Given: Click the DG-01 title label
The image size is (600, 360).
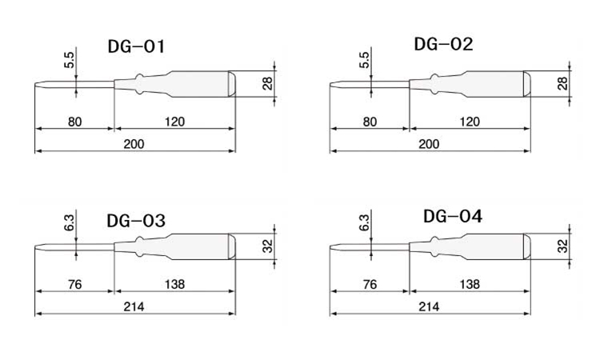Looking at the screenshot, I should tap(136, 47).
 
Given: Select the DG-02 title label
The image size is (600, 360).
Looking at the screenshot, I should tap(443, 44).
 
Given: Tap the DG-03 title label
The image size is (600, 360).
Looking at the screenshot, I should tap(136, 221).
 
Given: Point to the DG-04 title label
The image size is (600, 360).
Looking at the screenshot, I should tap(453, 216).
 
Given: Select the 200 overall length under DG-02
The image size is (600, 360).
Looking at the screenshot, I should tap(429, 143).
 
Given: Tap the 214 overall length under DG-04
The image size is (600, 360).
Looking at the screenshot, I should tap(429, 306).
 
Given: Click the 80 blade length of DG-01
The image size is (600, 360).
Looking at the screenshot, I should tap(74, 122).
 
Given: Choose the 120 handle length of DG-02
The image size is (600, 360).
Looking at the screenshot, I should tap(470, 122).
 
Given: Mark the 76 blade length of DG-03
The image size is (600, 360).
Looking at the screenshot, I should tap(74, 284).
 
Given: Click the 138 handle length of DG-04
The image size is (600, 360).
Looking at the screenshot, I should tap(470, 284).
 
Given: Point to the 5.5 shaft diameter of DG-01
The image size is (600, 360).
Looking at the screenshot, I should tap(70, 59).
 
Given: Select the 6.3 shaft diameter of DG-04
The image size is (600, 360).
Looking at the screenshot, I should tap(365, 222).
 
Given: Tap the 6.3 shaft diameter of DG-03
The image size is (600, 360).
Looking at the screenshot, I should tap(70, 222).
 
